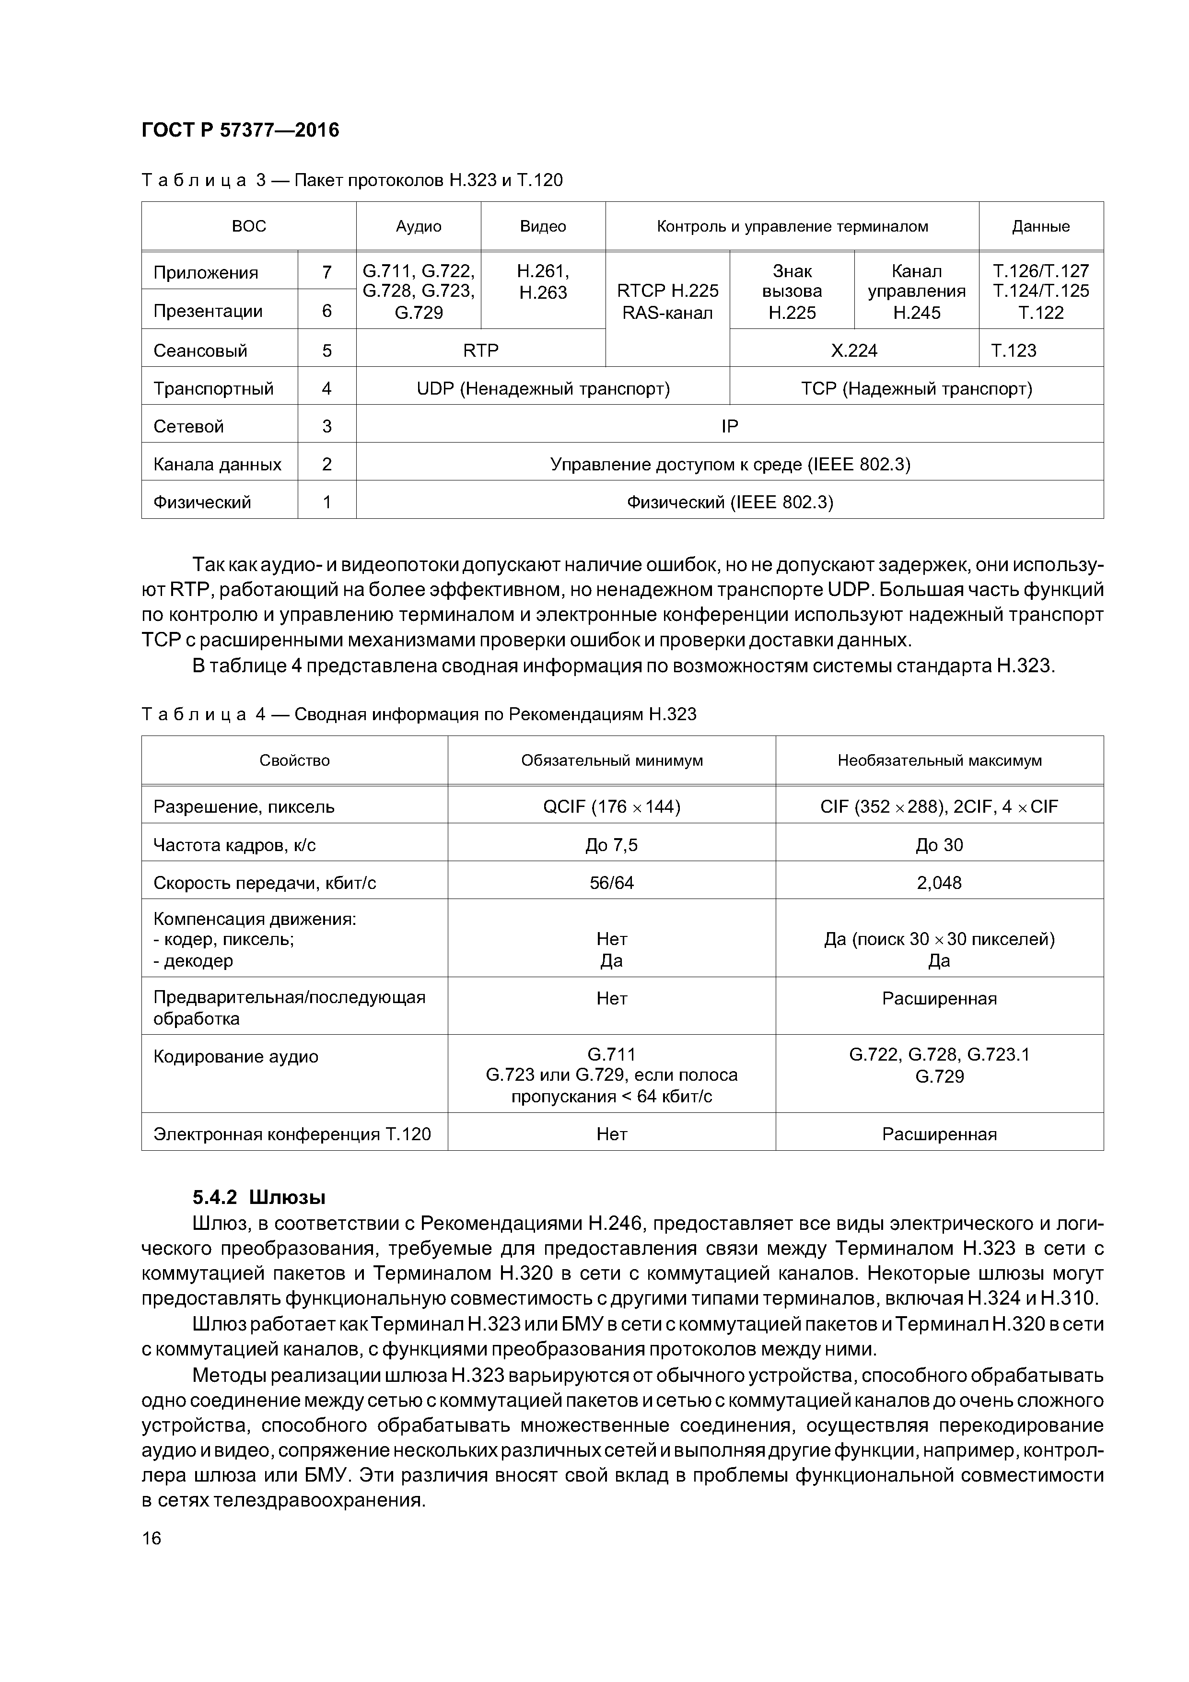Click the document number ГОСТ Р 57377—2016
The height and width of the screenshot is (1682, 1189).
240,130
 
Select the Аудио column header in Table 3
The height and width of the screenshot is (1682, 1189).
419,226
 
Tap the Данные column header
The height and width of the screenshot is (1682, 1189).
1040,226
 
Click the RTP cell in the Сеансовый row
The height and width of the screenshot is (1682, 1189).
480,350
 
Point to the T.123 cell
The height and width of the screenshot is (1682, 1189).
1014,350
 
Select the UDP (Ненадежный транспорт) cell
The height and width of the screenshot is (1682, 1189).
543,388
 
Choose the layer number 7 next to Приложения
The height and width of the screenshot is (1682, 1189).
327,272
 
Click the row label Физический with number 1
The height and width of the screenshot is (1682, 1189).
202,502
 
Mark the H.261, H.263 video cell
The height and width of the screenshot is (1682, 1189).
543,282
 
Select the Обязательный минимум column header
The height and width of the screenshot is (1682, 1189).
612,760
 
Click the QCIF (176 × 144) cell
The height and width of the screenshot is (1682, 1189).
612,806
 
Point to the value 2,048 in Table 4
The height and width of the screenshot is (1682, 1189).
939,883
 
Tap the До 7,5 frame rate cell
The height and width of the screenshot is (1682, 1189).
612,845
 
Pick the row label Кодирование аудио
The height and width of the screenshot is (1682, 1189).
236,1056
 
